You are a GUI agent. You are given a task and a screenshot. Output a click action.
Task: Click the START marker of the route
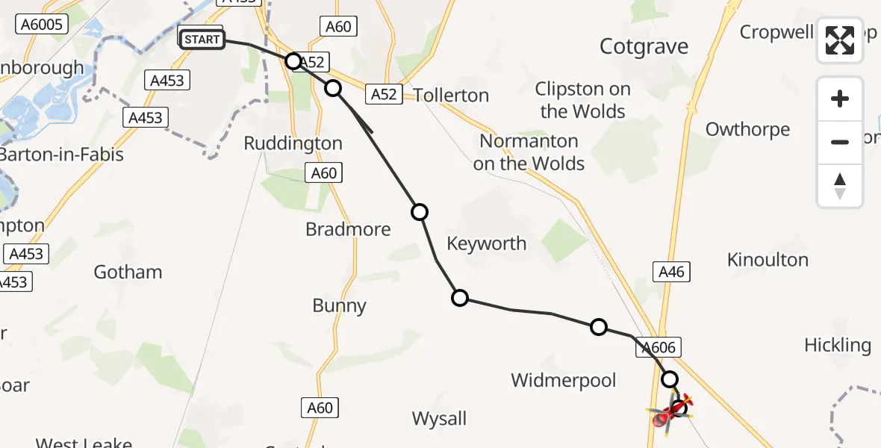(202, 39)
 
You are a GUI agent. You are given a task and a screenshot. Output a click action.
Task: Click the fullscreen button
(840, 40)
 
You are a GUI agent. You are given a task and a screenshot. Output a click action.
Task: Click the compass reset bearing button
(840, 186)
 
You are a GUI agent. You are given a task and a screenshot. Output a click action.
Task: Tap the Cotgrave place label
(644, 47)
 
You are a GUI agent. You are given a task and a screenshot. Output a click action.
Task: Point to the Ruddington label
(293, 143)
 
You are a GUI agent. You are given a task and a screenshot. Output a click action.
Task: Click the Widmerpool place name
(564, 380)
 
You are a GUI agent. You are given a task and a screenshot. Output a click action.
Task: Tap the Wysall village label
(440, 419)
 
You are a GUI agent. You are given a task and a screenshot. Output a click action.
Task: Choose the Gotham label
(128, 272)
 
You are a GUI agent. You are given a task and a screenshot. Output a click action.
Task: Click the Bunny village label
(340, 305)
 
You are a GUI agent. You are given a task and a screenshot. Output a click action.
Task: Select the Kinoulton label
(768, 260)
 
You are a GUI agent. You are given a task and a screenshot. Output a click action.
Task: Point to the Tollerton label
(451, 96)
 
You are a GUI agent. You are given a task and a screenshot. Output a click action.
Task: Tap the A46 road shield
(672, 273)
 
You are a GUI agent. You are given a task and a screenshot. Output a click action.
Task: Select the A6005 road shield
(43, 24)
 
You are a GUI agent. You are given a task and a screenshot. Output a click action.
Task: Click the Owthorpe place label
(747, 129)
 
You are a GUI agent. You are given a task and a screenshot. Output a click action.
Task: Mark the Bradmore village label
(348, 229)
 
